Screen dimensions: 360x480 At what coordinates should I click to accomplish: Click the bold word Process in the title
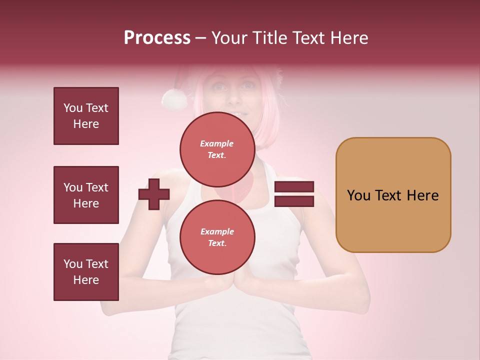click(157, 38)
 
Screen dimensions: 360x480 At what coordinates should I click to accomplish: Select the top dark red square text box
click(86, 116)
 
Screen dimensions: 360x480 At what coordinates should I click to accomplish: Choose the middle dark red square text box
click(86, 195)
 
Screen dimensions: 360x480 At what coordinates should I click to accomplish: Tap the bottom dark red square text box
click(86, 272)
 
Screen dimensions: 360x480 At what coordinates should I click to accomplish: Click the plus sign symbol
click(154, 194)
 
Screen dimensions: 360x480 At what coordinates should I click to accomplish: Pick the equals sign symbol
click(294, 194)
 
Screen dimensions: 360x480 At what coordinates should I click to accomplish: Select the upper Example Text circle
click(217, 149)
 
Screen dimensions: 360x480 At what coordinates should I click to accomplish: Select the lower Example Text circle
click(217, 237)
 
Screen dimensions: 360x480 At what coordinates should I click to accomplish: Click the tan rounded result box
click(393, 195)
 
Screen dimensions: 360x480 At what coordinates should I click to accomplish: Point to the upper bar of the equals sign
click(294, 187)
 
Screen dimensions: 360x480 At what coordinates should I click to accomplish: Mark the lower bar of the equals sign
click(294, 201)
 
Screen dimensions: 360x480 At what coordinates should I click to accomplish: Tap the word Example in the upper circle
click(216, 143)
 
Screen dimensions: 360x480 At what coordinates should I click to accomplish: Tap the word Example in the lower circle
click(217, 231)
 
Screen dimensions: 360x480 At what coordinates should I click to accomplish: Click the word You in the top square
click(73, 108)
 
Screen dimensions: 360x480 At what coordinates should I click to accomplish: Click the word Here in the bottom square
click(86, 280)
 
